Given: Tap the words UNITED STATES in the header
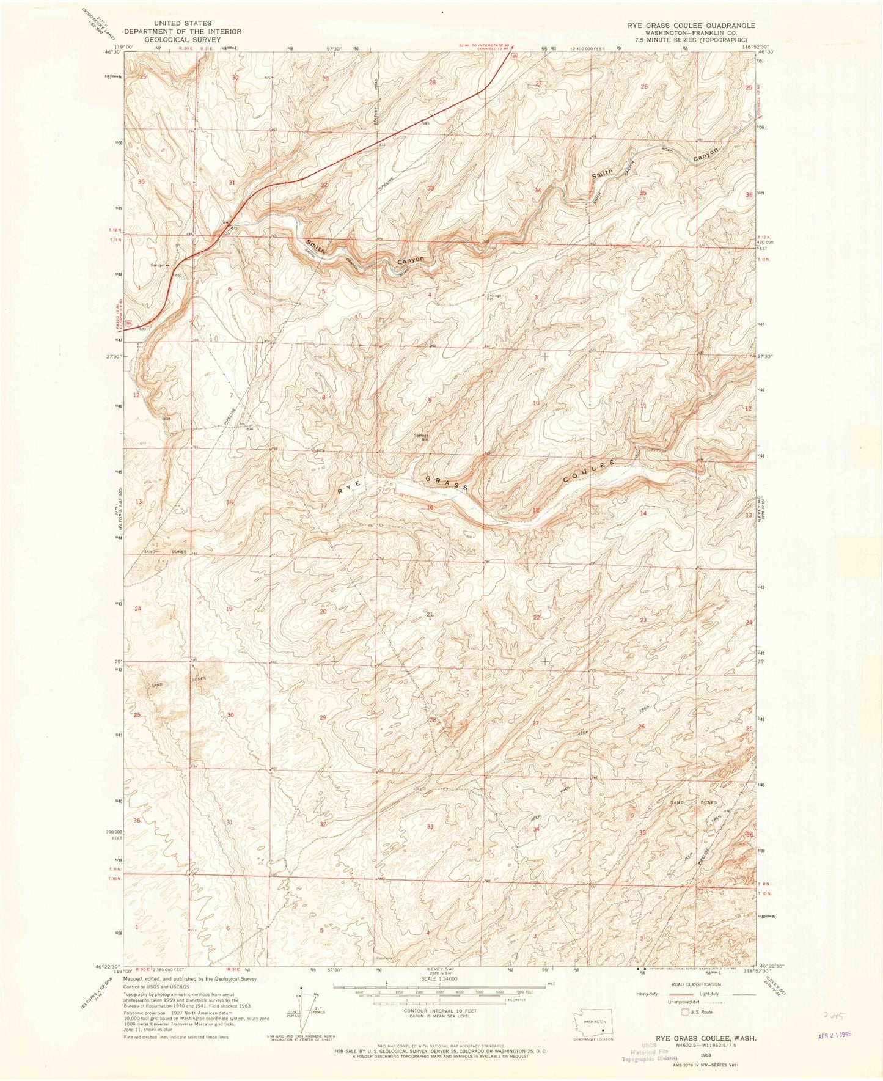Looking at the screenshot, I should [183, 23].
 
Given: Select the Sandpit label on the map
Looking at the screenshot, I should [159, 265].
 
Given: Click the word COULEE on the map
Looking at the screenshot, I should [588, 472].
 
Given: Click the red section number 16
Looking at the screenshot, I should [430, 508].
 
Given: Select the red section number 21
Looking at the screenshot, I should [430, 615].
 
